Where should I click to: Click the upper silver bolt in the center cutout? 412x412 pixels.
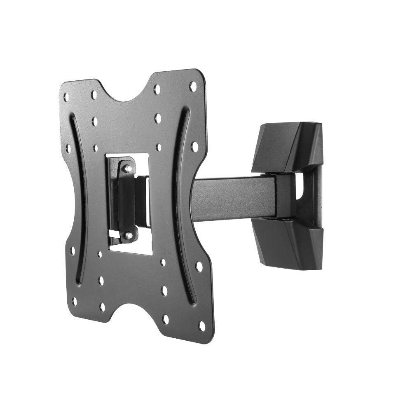point(128,168)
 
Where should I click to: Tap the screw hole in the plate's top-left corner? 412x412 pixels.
point(66,97)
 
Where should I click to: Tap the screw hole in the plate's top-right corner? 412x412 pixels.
point(192,86)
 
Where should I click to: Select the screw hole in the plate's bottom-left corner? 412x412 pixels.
point(75,301)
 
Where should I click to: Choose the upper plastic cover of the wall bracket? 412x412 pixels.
point(288,146)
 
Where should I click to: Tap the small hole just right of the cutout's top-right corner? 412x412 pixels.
point(159,147)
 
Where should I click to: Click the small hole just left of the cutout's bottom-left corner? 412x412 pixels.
point(100,254)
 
